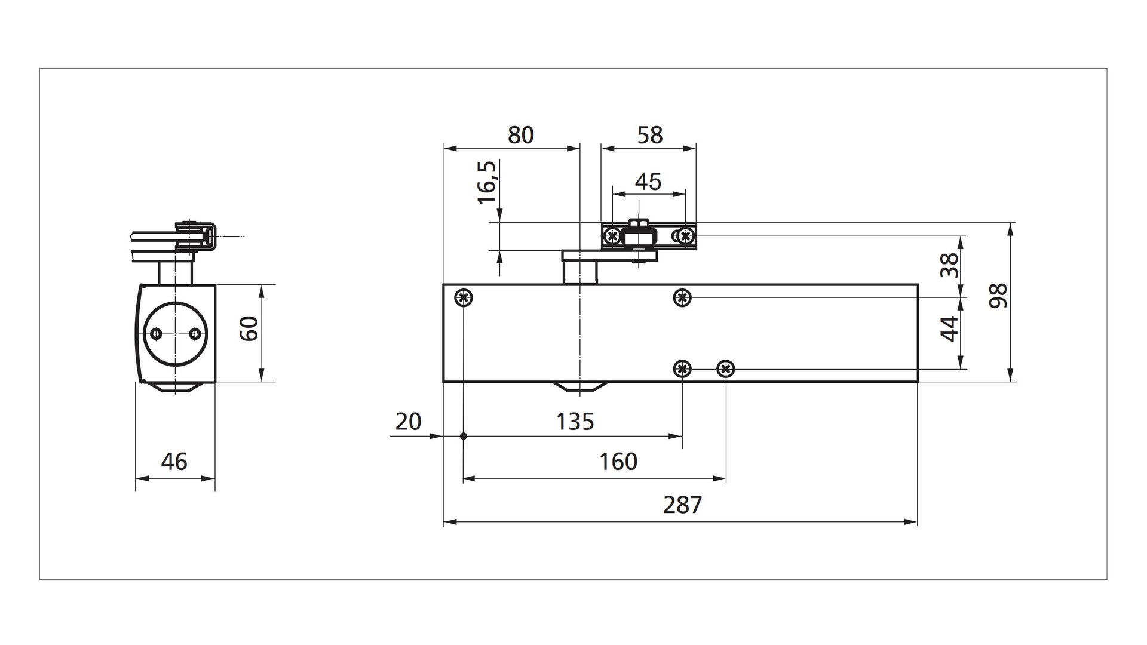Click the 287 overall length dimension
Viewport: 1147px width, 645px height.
682,505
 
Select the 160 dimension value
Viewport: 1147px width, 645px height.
618,462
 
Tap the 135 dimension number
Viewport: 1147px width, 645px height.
575,422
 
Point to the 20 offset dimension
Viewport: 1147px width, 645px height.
409,422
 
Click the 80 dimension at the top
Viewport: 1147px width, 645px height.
520,136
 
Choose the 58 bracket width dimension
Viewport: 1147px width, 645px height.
650,136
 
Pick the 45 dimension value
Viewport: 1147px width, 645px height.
648,182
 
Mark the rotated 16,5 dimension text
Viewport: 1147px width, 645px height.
487,183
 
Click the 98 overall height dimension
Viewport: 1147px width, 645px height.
998,296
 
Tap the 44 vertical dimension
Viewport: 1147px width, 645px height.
949,328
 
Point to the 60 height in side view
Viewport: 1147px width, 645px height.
250,328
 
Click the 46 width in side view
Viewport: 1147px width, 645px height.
174,462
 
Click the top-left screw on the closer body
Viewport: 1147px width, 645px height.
464,297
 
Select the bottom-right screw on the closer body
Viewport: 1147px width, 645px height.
725,369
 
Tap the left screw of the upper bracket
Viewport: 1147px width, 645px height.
612,236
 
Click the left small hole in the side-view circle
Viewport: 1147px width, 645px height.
157,333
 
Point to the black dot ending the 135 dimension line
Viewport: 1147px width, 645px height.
464,437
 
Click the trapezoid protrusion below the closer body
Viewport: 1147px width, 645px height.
579,387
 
